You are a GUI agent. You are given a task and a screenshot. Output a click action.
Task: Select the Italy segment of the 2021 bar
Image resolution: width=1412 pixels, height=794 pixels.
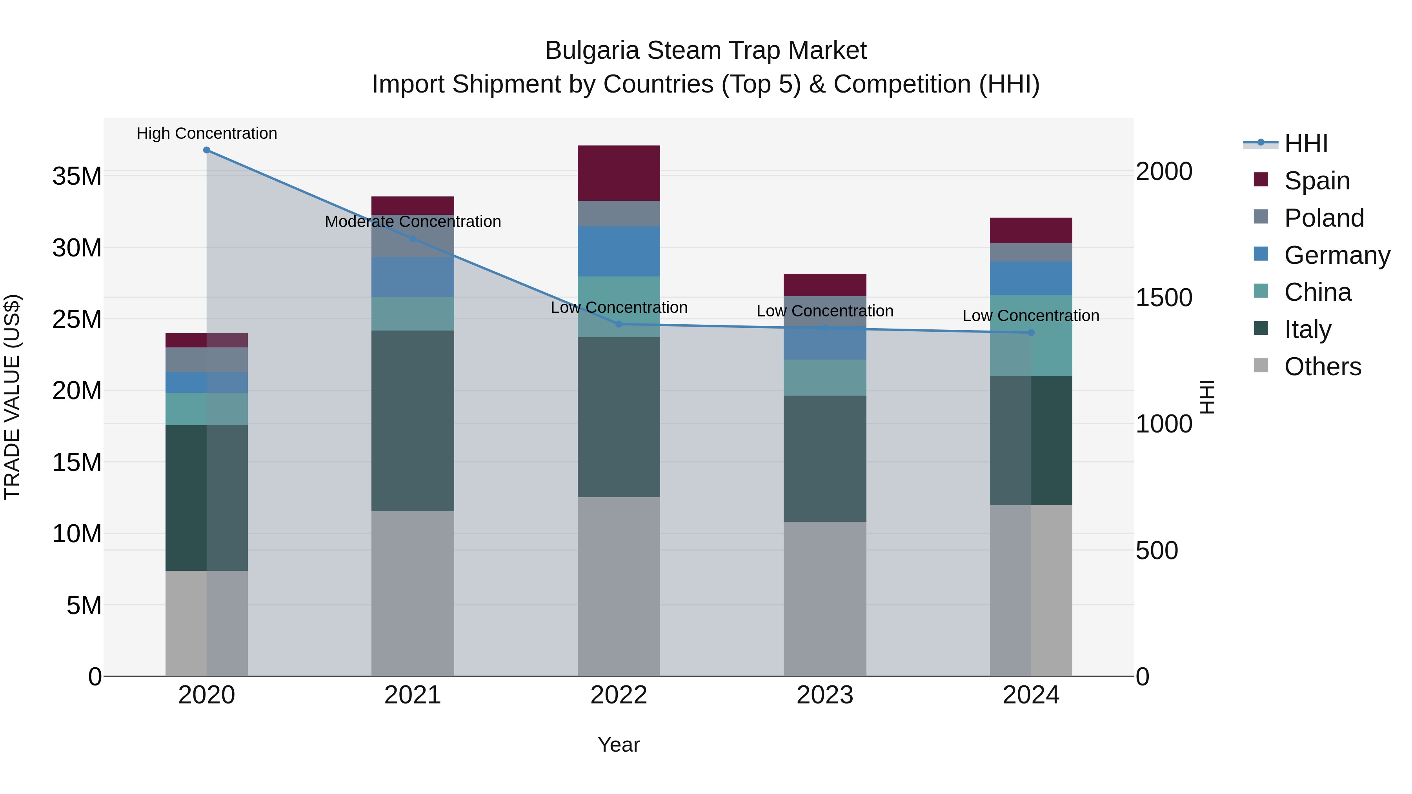[x=413, y=420]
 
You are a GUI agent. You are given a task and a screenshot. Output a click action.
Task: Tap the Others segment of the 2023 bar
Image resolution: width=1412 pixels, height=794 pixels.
[x=824, y=598]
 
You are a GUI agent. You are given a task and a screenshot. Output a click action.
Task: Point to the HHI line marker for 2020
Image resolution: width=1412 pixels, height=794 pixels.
[x=207, y=150]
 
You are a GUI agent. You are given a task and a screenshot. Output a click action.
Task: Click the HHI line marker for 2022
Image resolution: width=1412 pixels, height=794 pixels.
[x=619, y=324]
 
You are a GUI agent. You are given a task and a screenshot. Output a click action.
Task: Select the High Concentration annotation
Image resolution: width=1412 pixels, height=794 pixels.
[x=207, y=133]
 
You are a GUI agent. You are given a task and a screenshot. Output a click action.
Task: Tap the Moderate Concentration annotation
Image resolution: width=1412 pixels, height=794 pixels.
[x=413, y=222]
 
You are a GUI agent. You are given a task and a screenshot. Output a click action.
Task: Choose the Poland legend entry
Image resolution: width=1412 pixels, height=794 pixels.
[x=1323, y=218]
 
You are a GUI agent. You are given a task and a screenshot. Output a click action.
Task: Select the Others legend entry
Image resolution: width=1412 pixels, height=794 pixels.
[x=1322, y=367]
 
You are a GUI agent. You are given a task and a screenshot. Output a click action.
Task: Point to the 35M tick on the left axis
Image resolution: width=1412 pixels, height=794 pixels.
[x=77, y=176]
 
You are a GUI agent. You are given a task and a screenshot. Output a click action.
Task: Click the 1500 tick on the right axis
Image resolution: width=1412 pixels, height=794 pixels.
[x=1163, y=298]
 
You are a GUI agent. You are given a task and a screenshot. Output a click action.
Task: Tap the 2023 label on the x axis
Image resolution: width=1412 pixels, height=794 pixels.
[x=824, y=695]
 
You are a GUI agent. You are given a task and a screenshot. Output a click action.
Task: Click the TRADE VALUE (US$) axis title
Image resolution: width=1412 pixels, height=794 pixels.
[x=12, y=397]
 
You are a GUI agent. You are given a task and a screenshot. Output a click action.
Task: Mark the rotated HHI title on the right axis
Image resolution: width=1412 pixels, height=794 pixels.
[x=1207, y=397]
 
